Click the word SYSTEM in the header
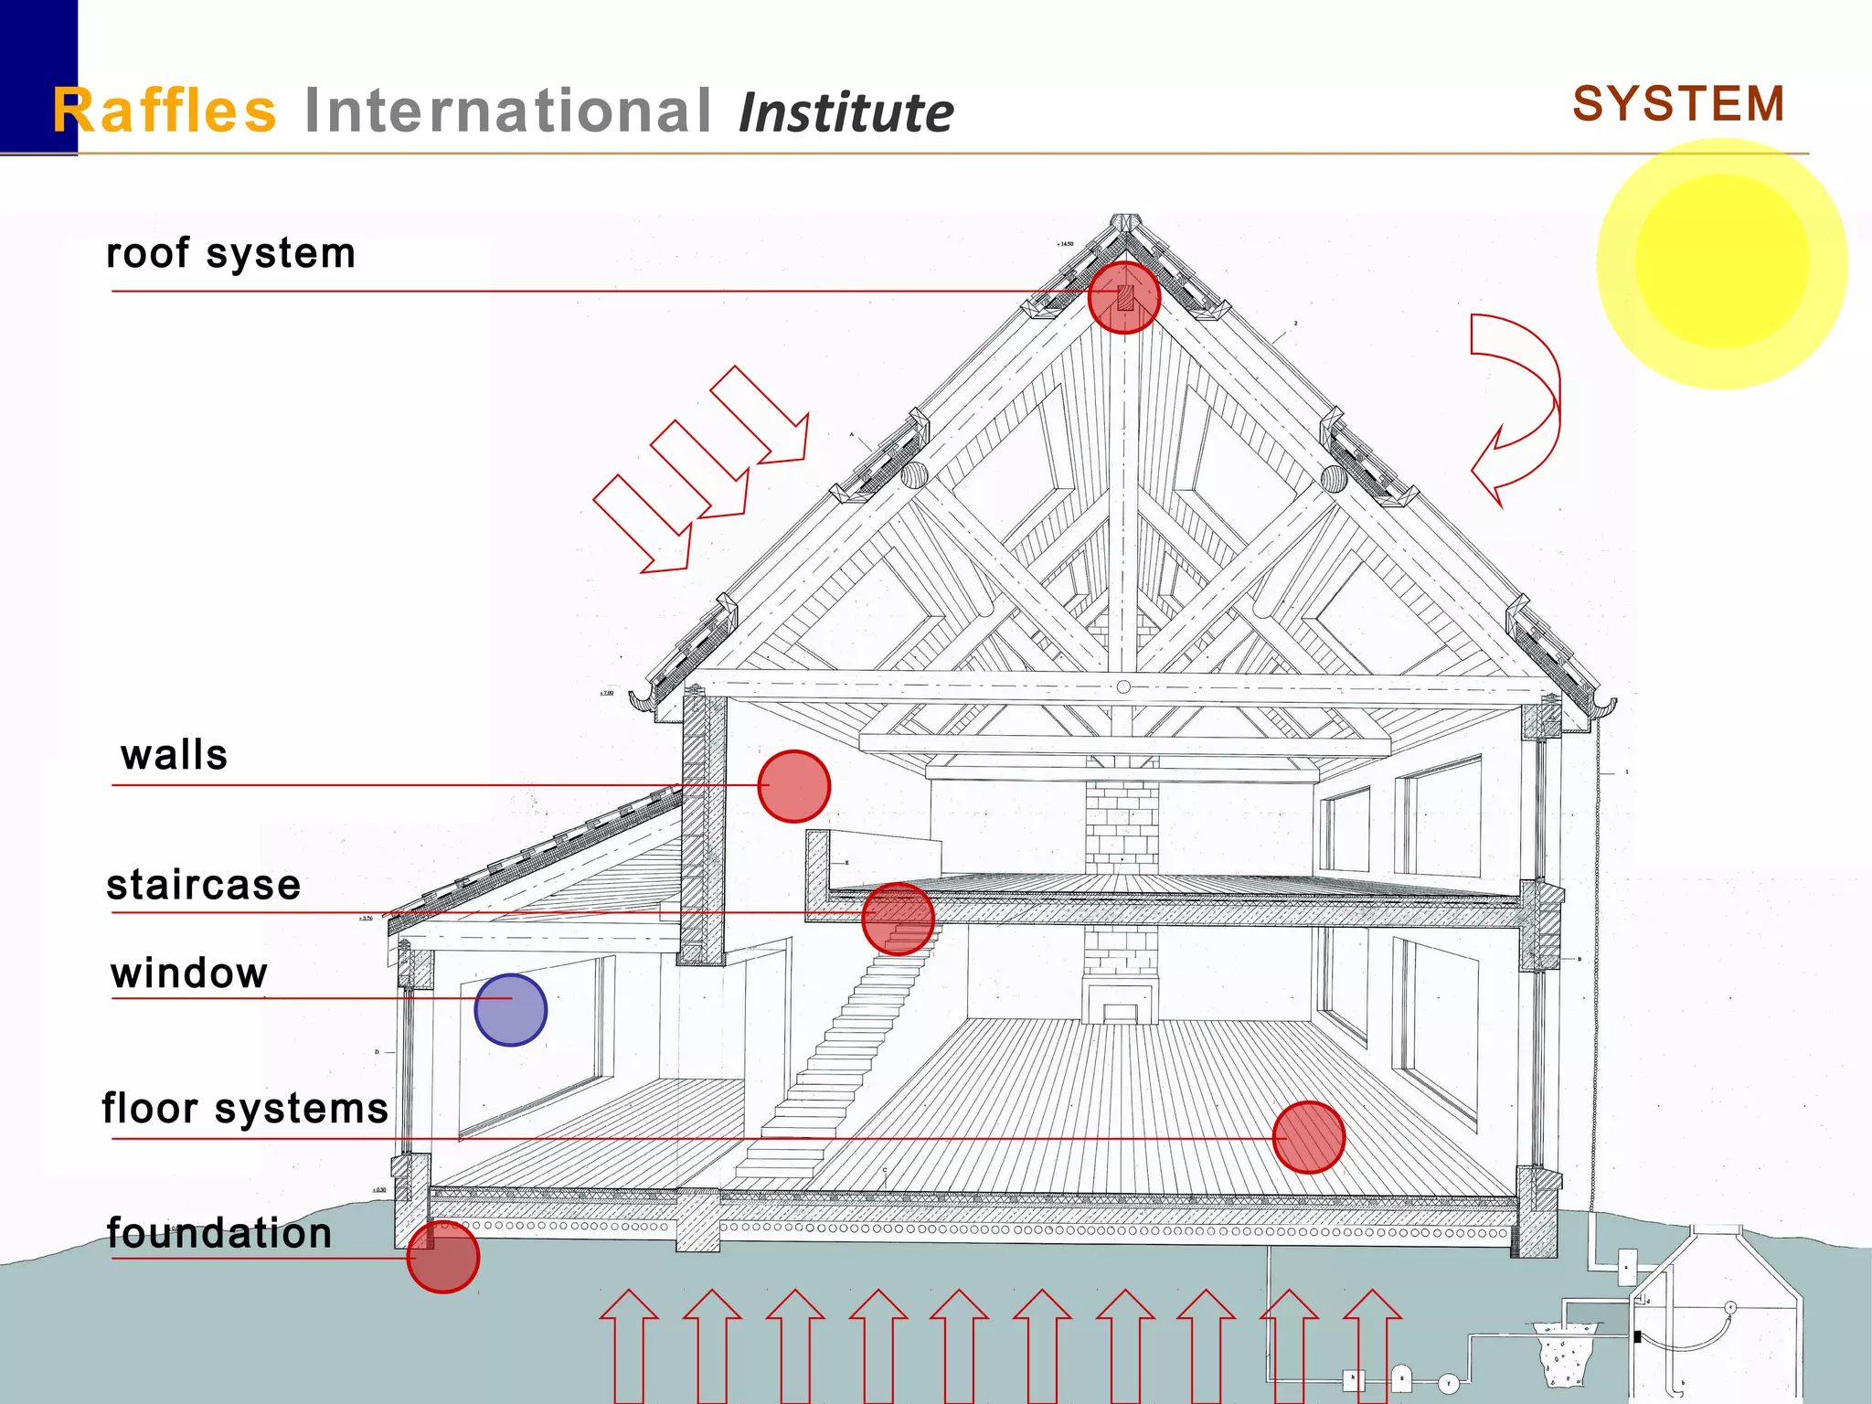coord(1678,103)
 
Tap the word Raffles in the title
coord(165,111)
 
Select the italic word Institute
coord(846,113)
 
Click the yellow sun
coord(1722,263)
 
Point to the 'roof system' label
coord(230,253)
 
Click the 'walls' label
coord(174,756)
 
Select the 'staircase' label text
coord(203,885)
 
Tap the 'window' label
coord(189,973)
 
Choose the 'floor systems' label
coord(245,1108)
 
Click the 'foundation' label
coord(218,1233)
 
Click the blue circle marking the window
coord(510,1010)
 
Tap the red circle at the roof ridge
coord(1124,298)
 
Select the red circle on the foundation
coord(443,1258)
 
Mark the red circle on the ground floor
coord(1309,1137)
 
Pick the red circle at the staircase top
coord(898,919)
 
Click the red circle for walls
coord(794,786)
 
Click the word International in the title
coord(507,111)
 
